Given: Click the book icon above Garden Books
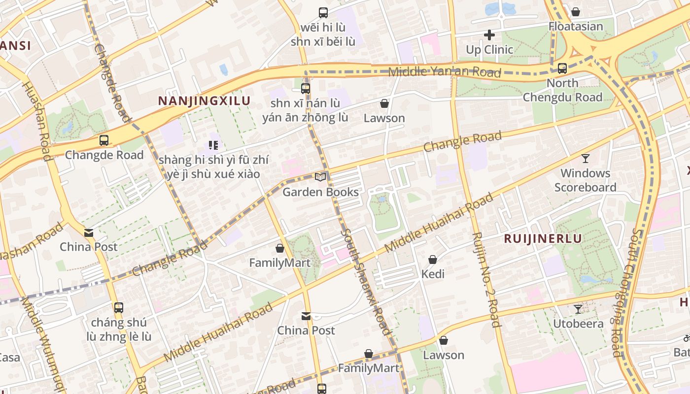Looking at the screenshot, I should [320, 177].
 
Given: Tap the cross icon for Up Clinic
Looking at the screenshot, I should [489, 35].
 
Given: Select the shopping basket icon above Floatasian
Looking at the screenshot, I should [575, 12].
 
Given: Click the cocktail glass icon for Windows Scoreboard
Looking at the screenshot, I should [585, 159].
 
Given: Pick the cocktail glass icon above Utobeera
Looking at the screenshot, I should [578, 309].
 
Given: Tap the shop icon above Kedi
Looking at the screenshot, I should [433, 260].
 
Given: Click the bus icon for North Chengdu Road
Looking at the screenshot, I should [562, 68].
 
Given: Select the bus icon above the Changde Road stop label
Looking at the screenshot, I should [104, 140].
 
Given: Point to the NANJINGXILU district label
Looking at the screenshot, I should [204, 101].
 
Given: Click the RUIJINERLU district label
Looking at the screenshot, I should [543, 239].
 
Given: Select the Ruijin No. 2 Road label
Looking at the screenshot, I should [486, 279].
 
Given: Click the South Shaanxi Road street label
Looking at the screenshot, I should [365, 282].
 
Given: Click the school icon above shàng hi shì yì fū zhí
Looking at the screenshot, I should [213, 145].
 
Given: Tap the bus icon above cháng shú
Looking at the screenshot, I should [118, 308].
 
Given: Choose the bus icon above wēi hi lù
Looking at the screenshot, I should [323, 13].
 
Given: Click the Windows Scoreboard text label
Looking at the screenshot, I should [585, 180].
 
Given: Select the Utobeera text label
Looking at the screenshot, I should [578, 324].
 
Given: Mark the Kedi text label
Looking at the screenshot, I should [433, 274].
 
